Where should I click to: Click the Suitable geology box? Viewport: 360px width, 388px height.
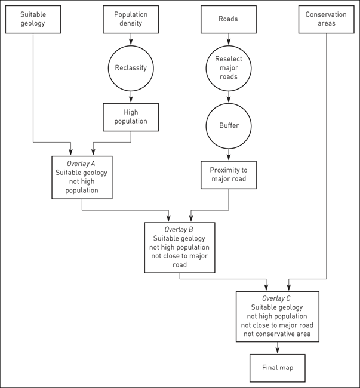pos(33,19)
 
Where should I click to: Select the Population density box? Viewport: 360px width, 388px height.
pos(131,19)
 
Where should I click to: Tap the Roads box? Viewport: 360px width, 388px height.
pos(228,19)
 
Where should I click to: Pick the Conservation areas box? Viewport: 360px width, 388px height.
pos(326,19)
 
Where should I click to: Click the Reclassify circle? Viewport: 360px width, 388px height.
pos(131,68)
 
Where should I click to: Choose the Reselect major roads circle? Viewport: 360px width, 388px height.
pos(228,68)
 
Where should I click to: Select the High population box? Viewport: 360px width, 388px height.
pos(131,117)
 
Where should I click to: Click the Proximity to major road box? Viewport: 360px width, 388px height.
pos(228,175)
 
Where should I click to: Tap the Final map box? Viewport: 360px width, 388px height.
pos(277,368)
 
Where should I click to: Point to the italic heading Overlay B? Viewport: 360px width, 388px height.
pos(180,229)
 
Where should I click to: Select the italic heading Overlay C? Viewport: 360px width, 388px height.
pos(277,298)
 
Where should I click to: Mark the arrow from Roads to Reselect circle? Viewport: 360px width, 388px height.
pos(228,39)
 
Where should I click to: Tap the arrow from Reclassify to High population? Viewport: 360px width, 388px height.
pos(131,97)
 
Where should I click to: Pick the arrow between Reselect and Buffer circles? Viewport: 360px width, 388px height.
pos(228,97)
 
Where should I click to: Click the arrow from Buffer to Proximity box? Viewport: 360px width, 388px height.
pos(228,155)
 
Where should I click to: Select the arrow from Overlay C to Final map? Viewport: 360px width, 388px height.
pos(277,348)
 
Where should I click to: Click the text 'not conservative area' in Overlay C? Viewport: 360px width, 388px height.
pos(277,334)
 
